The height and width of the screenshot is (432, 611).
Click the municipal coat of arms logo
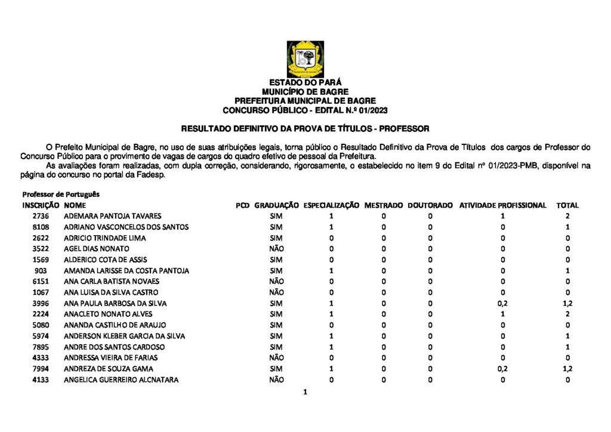click(x=305, y=59)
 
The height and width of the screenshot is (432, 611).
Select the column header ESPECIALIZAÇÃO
click(x=331, y=205)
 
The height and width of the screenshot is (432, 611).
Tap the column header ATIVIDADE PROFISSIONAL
click(x=502, y=205)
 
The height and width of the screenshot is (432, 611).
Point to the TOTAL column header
click(x=567, y=205)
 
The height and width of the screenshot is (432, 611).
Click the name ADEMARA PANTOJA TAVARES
click(x=112, y=216)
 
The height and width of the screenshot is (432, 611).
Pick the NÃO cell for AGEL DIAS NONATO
click(x=276, y=249)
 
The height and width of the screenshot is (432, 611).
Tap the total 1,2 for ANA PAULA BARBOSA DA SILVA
click(x=567, y=304)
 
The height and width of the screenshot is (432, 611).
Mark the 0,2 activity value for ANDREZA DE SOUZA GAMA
click(x=502, y=369)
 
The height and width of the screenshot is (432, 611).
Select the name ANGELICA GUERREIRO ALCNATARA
click(x=121, y=380)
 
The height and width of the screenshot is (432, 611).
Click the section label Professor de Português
click(x=61, y=195)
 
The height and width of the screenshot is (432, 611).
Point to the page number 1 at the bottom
click(x=305, y=393)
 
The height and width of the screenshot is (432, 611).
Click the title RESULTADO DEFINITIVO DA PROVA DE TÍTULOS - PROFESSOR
click(x=305, y=128)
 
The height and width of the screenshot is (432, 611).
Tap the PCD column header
click(x=242, y=205)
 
